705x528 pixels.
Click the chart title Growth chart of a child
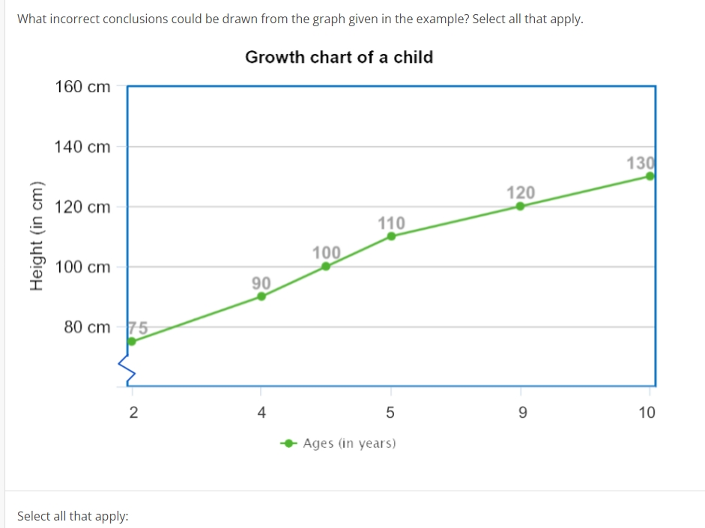tap(339, 57)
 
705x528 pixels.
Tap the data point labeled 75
tap(132, 342)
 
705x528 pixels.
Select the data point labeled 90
tap(261, 296)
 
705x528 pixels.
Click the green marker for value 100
tap(326, 266)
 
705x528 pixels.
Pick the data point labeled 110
tap(391, 236)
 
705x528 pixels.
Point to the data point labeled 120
tap(521, 206)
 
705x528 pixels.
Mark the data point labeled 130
tap(650, 176)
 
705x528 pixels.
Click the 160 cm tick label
tap(82, 87)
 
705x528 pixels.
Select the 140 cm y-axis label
tap(82, 147)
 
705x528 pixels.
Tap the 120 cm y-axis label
tap(82, 207)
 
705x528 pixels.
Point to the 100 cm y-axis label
tap(82, 267)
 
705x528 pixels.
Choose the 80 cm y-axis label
tap(87, 327)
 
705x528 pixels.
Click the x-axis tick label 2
tap(133, 412)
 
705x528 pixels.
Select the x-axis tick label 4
tap(261, 412)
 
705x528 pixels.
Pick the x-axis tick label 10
tap(647, 412)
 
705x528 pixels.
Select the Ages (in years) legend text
tap(349, 443)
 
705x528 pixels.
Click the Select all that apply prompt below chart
tap(73, 516)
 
